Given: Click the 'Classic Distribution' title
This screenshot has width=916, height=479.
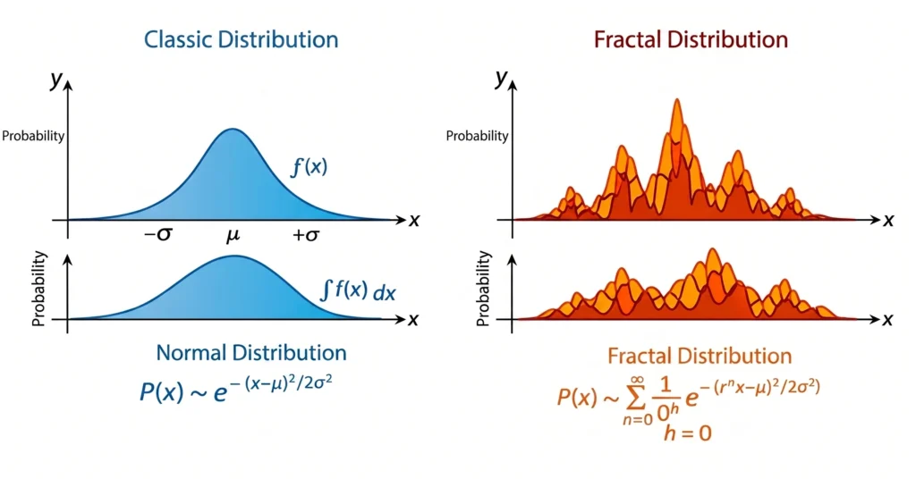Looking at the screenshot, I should [242, 40].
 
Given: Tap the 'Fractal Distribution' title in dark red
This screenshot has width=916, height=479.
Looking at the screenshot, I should [690, 40].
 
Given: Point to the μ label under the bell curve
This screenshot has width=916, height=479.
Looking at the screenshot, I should [233, 237].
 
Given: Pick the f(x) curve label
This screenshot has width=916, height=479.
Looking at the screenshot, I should [310, 166].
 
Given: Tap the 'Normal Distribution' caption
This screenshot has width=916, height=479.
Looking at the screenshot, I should [251, 352].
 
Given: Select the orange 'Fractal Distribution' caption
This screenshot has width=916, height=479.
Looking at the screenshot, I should [700, 356].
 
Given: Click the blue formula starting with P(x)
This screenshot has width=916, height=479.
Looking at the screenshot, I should [241, 391].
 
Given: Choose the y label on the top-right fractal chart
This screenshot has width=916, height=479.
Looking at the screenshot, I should [501, 78].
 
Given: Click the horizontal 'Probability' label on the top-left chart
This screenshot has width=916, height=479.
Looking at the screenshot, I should [33, 136].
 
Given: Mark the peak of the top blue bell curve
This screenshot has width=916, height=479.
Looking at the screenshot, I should [232, 130].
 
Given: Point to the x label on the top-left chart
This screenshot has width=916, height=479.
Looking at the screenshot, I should [414, 220].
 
